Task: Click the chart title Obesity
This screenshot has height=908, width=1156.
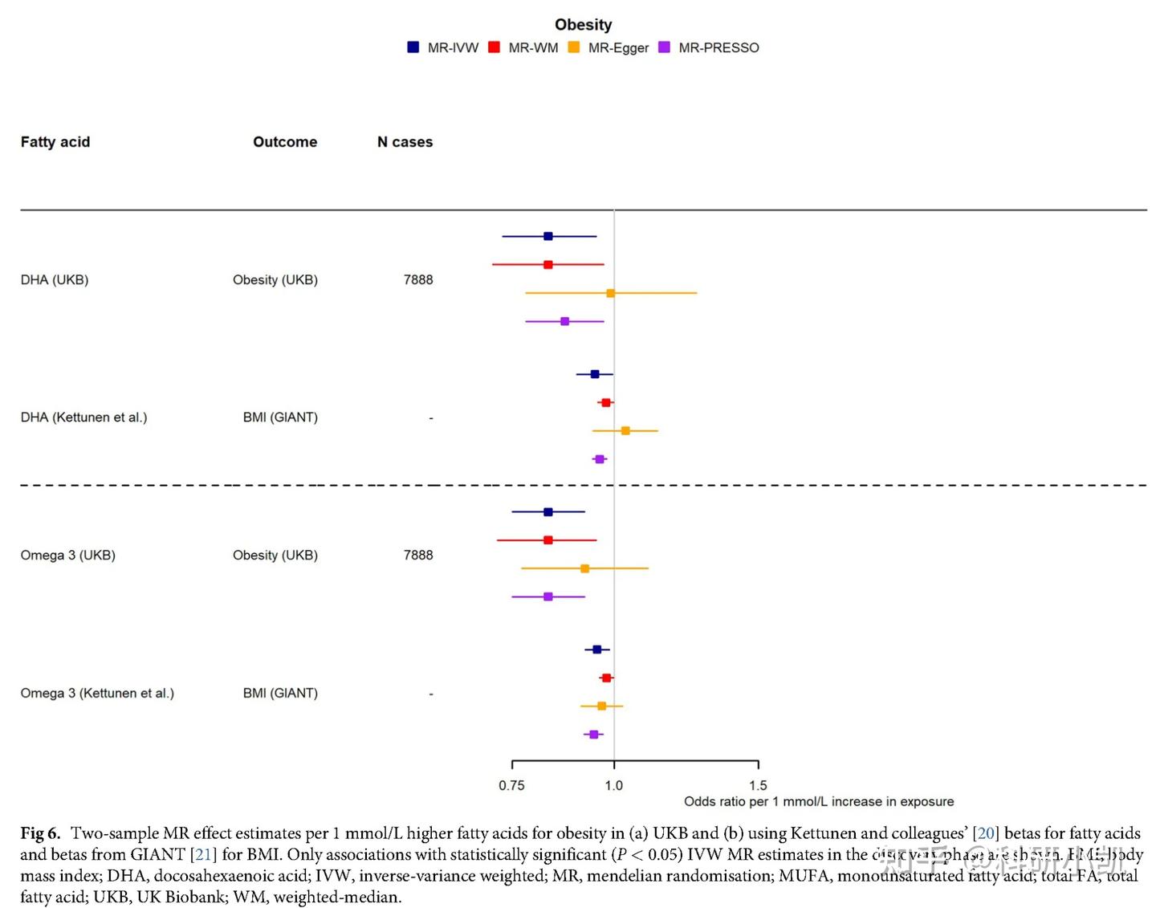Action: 583,25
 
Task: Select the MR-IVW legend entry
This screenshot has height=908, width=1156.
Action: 443,48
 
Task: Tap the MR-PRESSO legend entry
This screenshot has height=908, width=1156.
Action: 708,48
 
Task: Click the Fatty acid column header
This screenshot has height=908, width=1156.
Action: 55,142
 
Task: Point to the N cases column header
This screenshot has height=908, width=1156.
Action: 405,142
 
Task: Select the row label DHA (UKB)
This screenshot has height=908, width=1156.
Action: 55,280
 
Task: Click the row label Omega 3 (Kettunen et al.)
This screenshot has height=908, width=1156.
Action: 97,693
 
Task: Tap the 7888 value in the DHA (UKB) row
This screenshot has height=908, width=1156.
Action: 418,280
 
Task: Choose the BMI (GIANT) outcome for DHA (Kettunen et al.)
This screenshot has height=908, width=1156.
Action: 280,417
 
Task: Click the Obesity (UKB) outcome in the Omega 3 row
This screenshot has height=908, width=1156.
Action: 275,556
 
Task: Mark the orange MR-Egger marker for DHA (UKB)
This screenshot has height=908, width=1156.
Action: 610,293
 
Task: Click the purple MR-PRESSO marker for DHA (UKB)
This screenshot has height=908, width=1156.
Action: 564,321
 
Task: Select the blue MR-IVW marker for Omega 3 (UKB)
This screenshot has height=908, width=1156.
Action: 548,512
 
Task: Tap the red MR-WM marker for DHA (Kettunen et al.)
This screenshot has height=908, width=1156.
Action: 606,403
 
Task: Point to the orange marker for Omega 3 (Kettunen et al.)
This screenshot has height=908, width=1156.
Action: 601,706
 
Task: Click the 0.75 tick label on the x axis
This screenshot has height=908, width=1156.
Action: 511,785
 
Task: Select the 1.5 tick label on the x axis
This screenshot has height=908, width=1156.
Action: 758,785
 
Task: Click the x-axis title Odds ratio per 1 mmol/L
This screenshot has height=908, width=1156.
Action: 819,801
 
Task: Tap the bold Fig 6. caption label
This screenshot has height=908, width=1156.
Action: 40,833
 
